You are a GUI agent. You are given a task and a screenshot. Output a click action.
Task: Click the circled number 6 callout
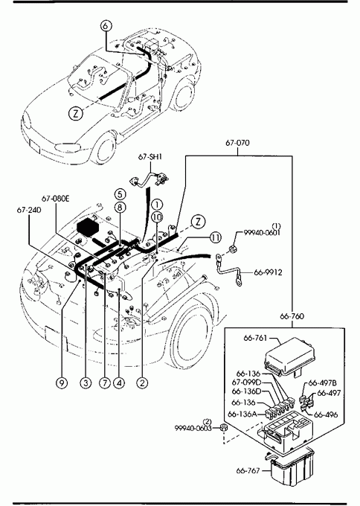(x=106, y=26)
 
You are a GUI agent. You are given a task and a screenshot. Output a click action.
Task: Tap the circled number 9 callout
(x=62, y=383)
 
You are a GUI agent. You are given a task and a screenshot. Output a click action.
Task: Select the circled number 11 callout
(x=216, y=238)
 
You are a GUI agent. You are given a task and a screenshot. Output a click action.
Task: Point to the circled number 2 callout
(x=142, y=383)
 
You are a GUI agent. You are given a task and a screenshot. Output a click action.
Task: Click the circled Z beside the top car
(x=76, y=114)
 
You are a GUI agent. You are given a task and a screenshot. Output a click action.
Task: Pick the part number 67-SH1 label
(x=150, y=157)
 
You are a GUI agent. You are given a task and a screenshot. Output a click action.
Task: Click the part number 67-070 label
(x=237, y=143)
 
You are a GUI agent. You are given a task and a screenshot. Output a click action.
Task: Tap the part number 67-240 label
(x=29, y=210)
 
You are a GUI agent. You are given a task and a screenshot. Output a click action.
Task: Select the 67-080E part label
(x=55, y=199)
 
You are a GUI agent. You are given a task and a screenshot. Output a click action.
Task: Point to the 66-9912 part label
(x=268, y=272)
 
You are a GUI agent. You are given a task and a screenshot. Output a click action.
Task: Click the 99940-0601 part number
(x=262, y=232)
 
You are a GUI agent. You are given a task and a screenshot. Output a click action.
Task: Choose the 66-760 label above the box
(x=292, y=316)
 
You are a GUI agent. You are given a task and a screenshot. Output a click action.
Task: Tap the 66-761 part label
(x=255, y=338)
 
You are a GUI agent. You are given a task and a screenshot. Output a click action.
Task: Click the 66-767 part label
(x=248, y=471)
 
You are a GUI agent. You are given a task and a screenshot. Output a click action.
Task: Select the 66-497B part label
(x=323, y=383)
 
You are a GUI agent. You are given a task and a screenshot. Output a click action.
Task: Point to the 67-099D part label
(x=246, y=382)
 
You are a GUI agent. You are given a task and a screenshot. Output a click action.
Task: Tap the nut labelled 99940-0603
(x=222, y=428)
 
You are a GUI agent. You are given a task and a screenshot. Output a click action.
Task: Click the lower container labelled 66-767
(x=292, y=467)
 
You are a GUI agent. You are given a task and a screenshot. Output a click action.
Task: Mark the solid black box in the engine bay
(x=88, y=227)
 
